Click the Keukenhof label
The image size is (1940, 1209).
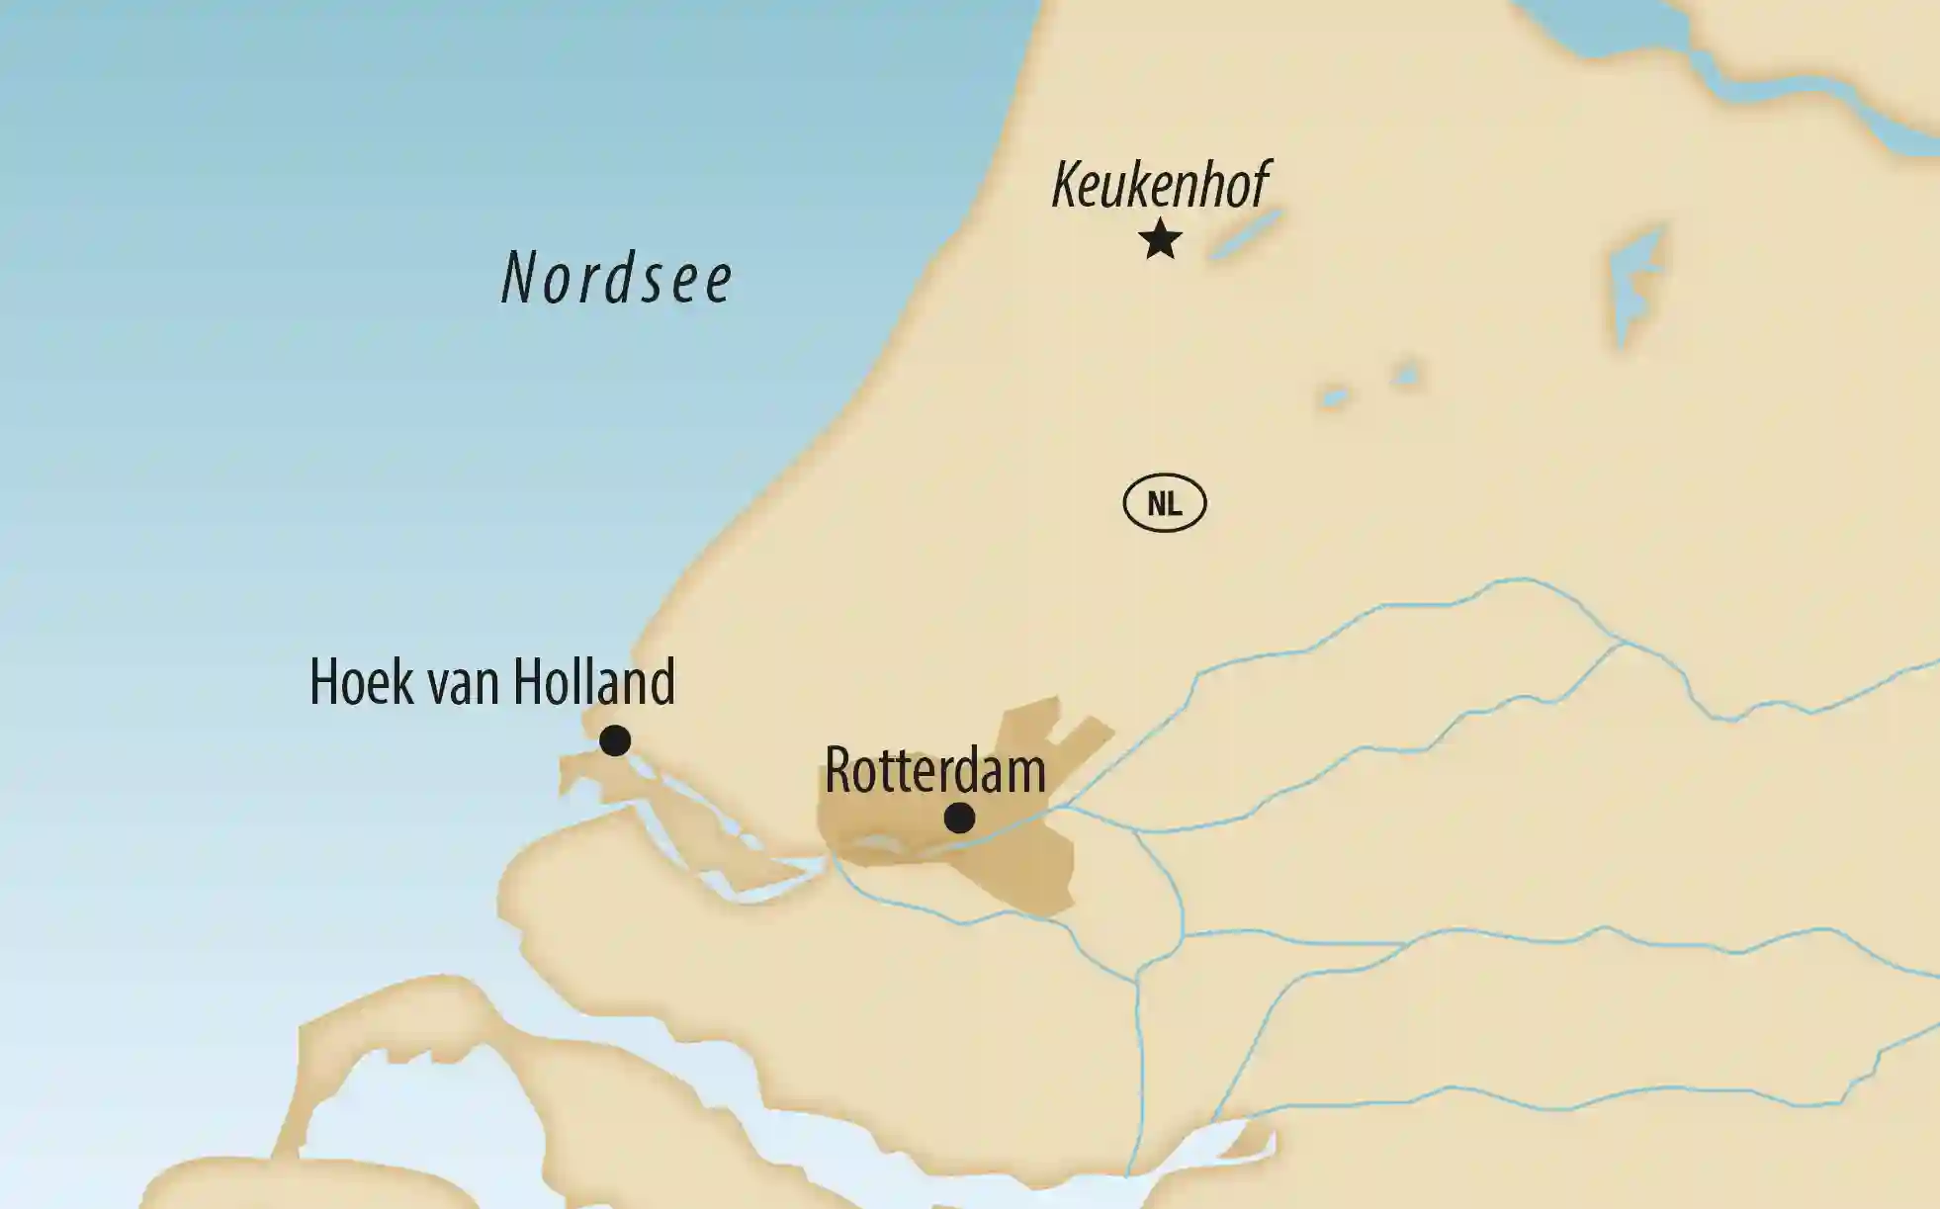click(1161, 185)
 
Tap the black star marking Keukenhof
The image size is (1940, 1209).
click(1160, 239)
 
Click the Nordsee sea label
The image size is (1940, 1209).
click(616, 278)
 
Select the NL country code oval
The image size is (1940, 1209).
click(1165, 504)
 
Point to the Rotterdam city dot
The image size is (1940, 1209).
click(959, 818)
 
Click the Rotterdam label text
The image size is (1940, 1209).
click(934, 771)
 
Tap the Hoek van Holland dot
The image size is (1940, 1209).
click(615, 739)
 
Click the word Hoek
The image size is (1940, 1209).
click(360, 682)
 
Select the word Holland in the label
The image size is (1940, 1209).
click(594, 682)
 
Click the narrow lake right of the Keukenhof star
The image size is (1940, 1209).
click(1246, 235)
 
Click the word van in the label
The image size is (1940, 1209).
click(464, 686)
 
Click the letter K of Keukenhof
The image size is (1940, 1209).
click(1066, 185)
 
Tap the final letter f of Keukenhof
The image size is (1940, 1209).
click(1258, 185)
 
